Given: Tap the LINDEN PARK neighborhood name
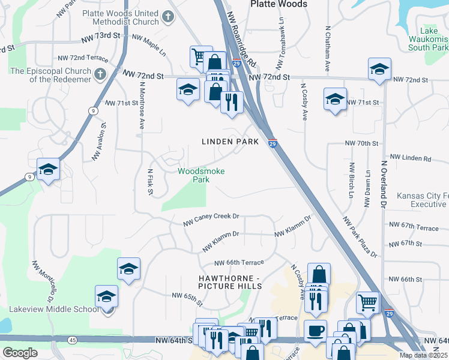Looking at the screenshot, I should [229, 142].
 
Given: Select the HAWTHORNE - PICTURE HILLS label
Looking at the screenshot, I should [231, 282].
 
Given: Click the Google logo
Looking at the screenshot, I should [20, 353].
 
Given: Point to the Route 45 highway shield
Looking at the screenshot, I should [73, 340].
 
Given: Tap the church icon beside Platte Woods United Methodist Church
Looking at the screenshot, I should [169, 17].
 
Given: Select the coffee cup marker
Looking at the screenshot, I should [315, 330].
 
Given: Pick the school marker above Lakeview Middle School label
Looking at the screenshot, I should [107, 296].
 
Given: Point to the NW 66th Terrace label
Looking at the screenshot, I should [239, 263].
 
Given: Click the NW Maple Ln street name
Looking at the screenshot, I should [148, 44].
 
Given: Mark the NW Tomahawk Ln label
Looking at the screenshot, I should [280, 42].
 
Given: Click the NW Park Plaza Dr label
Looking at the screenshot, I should [360, 238].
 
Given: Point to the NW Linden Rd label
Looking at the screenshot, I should [411, 158].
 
